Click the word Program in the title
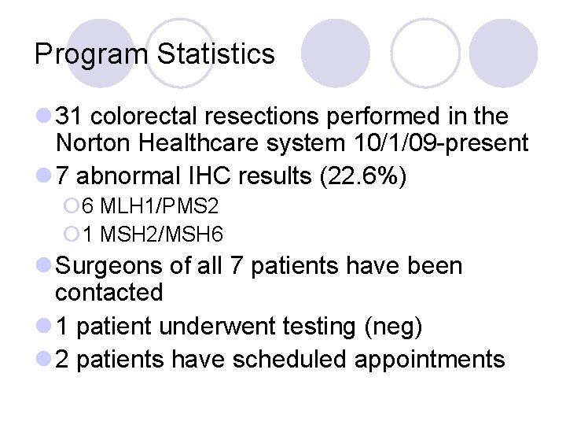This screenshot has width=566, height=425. (91, 54)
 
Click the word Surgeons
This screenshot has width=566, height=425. (108, 266)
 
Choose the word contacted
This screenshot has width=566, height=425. (108, 293)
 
